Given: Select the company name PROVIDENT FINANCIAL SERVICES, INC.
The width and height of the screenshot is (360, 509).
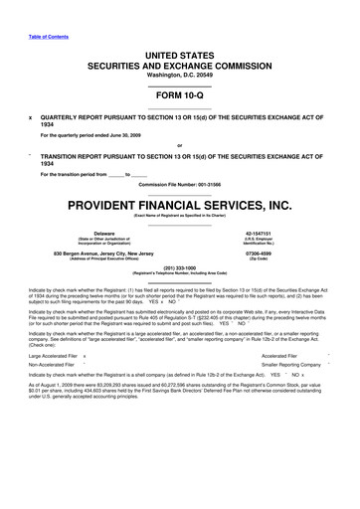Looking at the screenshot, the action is point(179,206).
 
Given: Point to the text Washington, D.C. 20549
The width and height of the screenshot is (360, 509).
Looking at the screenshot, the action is point(179,74).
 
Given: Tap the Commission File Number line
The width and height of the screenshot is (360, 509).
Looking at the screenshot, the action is point(179,186).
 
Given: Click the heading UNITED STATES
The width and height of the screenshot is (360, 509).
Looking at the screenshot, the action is point(179,51).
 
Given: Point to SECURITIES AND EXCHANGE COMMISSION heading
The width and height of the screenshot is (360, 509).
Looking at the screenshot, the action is point(179,63).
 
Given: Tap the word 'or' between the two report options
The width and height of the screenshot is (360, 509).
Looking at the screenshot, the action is point(179,145).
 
